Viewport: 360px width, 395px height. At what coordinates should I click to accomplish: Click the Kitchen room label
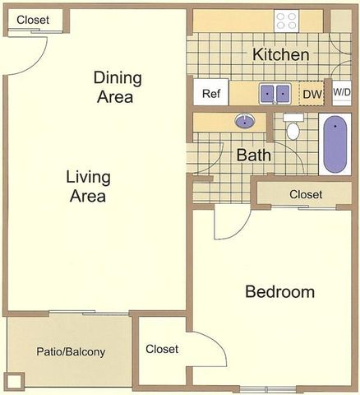pyautogui.click(x=281, y=55)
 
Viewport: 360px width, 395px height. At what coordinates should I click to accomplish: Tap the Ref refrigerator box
pyautogui.click(x=210, y=93)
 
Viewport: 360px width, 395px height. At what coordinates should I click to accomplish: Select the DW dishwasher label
pyautogui.click(x=311, y=94)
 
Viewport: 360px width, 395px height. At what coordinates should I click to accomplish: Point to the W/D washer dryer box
pyautogui.click(x=341, y=92)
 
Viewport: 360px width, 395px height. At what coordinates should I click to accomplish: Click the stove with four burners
pyautogui.click(x=287, y=21)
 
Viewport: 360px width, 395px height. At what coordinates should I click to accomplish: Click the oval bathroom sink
pyautogui.click(x=244, y=122)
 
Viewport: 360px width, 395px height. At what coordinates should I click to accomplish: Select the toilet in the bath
pyautogui.click(x=293, y=128)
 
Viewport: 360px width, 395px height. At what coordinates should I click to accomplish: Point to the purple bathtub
pyautogui.click(x=335, y=146)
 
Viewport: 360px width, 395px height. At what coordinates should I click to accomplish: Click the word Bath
pyautogui.click(x=254, y=155)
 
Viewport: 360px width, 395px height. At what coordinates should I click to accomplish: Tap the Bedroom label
pyautogui.click(x=280, y=292)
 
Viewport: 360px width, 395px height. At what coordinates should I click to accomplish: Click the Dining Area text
pyautogui.click(x=118, y=87)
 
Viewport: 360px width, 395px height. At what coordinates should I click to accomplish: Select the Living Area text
pyautogui.click(x=89, y=187)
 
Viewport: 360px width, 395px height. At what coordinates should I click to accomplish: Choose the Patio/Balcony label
pyautogui.click(x=71, y=352)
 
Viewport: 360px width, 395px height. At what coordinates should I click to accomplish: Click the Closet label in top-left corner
pyautogui.click(x=32, y=20)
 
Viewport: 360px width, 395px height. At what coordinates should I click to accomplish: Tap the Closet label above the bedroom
pyautogui.click(x=306, y=194)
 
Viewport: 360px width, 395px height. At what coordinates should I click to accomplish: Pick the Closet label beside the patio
pyautogui.click(x=162, y=349)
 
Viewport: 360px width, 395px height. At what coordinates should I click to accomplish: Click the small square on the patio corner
pyautogui.click(x=14, y=381)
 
